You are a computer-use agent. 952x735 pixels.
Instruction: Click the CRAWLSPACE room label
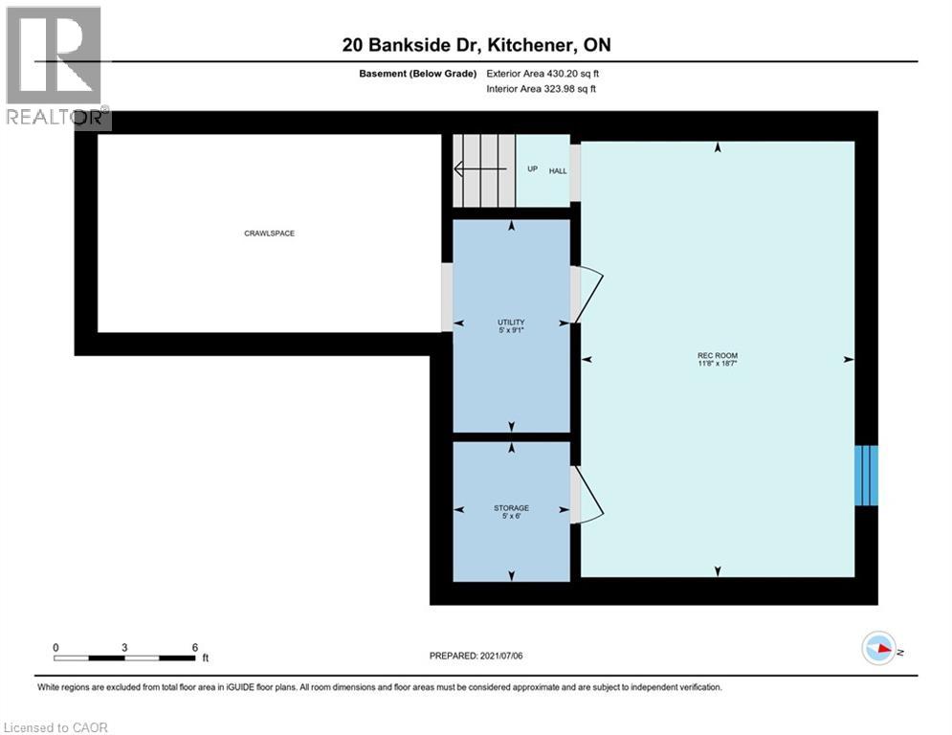pos(269,233)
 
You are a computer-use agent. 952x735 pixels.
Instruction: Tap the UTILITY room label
pos(511,323)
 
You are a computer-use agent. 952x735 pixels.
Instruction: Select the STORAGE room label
pos(511,508)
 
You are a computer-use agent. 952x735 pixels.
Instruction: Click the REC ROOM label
pos(717,355)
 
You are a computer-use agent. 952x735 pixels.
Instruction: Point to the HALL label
pos(558,170)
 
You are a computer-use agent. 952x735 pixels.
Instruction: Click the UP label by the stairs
pos(532,169)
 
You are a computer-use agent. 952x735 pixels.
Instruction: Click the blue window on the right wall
pos(866,476)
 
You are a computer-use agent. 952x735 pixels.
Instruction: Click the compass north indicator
pos(880,649)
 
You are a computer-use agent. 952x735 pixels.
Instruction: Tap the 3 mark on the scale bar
pos(124,647)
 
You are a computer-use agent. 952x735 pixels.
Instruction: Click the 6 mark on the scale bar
pos(195,647)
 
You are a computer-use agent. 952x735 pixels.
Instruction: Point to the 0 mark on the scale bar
pos(55,647)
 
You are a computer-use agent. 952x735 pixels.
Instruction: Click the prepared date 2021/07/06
pos(476,656)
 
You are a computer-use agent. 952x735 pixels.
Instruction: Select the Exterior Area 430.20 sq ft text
pos(542,73)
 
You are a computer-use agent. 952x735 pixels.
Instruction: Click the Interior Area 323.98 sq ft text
pos(542,89)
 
